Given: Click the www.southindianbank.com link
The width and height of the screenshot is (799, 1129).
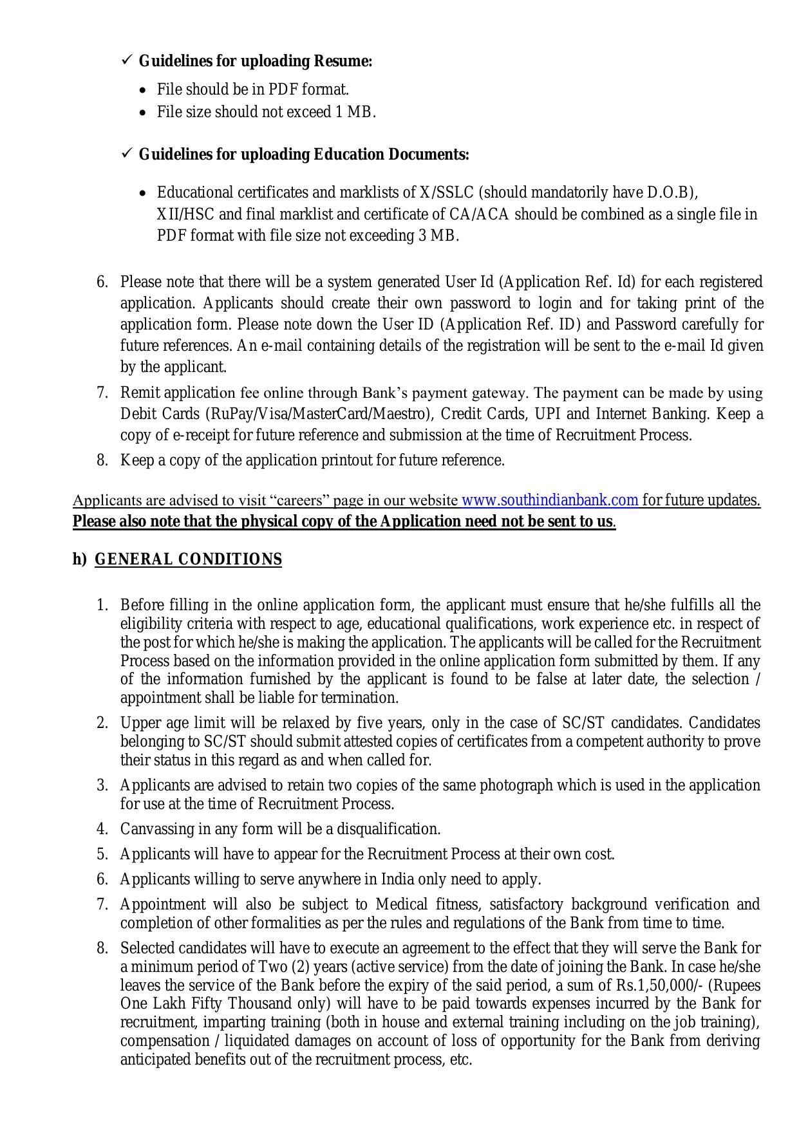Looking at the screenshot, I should coord(550,500).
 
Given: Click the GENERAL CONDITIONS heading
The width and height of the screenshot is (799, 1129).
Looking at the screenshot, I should coord(188,559).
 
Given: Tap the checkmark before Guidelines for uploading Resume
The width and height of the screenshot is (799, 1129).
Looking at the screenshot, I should coord(126,61).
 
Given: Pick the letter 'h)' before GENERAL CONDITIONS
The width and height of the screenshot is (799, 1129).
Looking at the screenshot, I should coord(79,559).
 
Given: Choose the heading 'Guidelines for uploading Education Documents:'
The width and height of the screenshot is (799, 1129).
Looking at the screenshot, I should coord(304,154).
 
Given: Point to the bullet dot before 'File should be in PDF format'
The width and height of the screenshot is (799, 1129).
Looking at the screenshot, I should coord(144,90).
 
